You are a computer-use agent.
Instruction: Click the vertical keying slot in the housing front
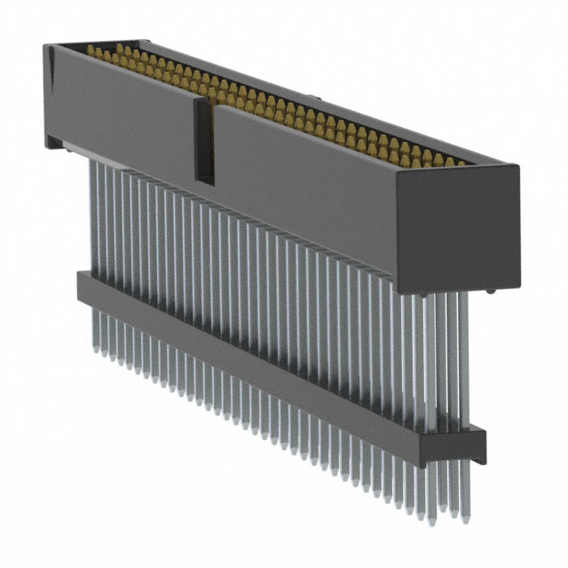tap(204, 142)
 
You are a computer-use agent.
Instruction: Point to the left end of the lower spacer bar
tap(81, 287)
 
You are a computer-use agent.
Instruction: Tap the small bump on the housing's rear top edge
tap(312, 94)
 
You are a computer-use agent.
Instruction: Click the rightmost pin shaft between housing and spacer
tap(460, 355)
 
